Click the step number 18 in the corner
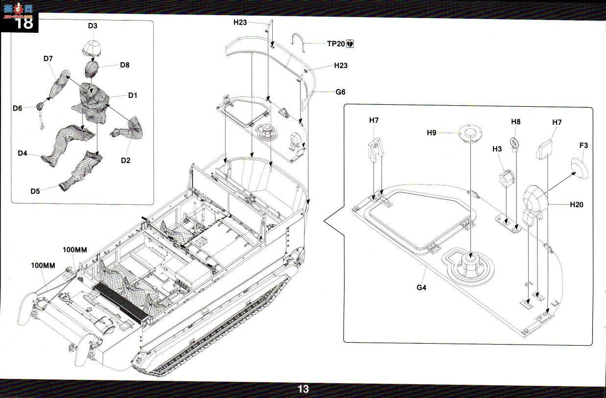[x=24, y=23]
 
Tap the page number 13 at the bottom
[x=303, y=389]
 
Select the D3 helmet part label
[x=93, y=26]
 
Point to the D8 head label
[x=125, y=65]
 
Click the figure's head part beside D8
[x=91, y=69]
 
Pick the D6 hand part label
[x=17, y=108]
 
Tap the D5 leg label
[x=35, y=191]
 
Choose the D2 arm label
[x=125, y=161]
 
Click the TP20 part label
[x=336, y=44]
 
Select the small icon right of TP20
[x=350, y=44]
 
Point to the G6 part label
[x=340, y=92]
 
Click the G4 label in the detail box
[x=421, y=287]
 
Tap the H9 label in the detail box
[x=432, y=133]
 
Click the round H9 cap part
[x=470, y=133]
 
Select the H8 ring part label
[x=515, y=122]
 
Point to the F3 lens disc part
[x=580, y=169]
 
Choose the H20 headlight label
[x=577, y=205]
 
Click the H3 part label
[x=497, y=149]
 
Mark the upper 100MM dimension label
[x=75, y=250]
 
